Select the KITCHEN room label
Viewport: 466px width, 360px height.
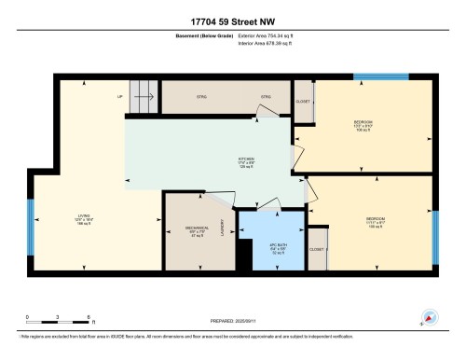coord(246,161)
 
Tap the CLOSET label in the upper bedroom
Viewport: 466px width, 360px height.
coord(302,101)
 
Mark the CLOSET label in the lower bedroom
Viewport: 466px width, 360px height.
coord(318,250)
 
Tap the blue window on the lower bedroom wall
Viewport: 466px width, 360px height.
coord(435,231)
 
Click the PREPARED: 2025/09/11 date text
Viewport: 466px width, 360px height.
coord(232,319)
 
